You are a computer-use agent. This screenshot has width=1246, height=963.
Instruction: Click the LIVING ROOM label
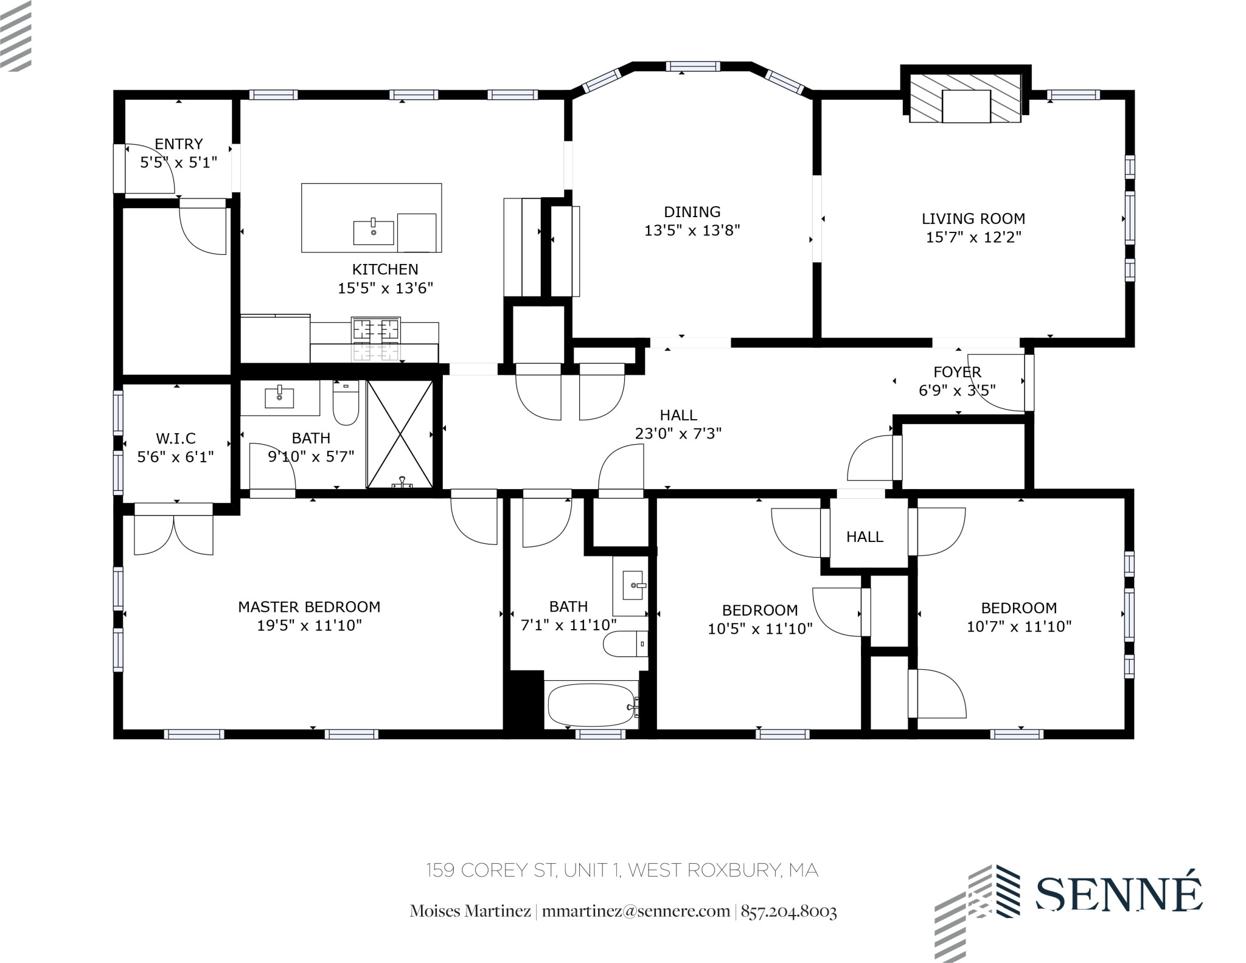[x=973, y=218]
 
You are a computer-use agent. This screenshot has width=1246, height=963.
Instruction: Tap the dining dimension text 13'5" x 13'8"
[x=692, y=231]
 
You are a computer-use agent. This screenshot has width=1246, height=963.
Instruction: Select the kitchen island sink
[x=373, y=232]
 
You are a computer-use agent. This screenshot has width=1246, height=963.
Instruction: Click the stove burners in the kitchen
[x=375, y=338]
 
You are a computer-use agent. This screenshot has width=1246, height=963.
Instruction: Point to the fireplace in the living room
[x=966, y=99]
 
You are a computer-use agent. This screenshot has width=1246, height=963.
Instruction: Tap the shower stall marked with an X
[x=400, y=434]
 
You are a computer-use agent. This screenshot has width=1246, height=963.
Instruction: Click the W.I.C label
[x=175, y=438]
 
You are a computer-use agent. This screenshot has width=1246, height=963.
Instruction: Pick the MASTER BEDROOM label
[x=309, y=607]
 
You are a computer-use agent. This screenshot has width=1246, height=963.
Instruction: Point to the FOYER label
[x=957, y=372]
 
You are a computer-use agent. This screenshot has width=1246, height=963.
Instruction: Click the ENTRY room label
[x=178, y=144]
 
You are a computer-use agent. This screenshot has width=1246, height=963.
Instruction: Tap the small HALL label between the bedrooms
[x=865, y=537]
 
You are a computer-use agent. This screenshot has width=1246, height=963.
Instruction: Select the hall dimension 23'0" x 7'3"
[x=678, y=433]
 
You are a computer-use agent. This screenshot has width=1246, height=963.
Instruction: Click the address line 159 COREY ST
[x=622, y=871]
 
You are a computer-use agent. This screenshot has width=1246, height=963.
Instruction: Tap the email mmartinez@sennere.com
[x=635, y=911]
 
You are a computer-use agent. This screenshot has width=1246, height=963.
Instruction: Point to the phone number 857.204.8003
[x=788, y=911]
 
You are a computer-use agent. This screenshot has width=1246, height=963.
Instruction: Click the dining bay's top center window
[x=692, y=66]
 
